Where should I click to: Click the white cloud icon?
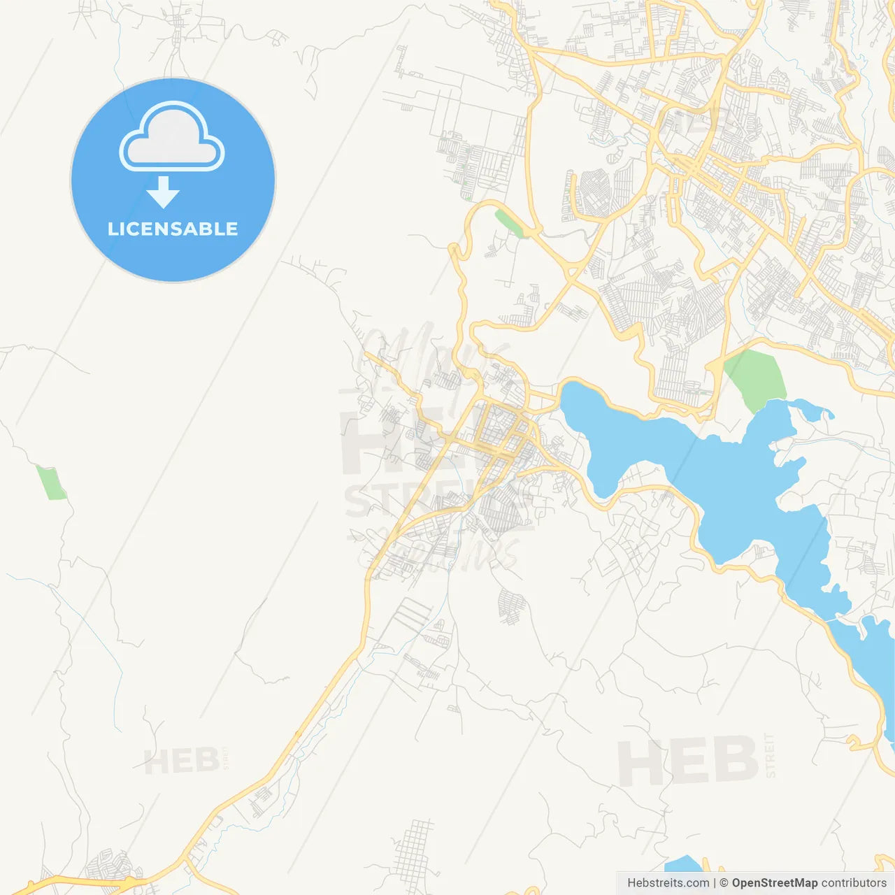[x=172, y=138]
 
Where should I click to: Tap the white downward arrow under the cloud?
[x=163, y=192]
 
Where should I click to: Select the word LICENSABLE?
[x=173, y=229]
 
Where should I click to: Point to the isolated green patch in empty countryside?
[x=51, y=482]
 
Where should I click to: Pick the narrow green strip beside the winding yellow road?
[x=509, y=223]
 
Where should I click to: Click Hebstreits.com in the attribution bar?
[x=668, y=883]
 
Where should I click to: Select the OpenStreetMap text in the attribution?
[x=774, y=883]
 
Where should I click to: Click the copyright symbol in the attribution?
[x=724, y=883]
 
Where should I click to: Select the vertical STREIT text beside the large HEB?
[x=770, y=755]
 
